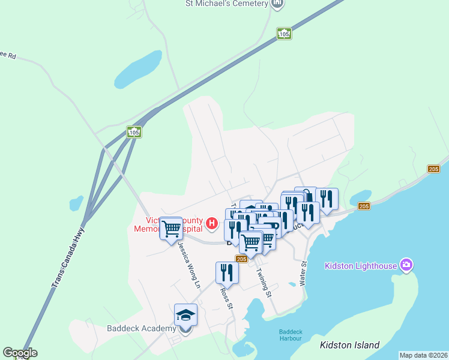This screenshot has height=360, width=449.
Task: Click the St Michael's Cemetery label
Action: tap(226, 4)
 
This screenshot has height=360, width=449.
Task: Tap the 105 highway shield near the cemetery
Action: tap(284, 34)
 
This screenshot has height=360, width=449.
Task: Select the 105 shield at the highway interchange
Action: tap(133, 131)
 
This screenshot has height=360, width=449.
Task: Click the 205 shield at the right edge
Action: tap(433, 170)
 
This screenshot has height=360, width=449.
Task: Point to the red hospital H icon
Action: tap(211, 224)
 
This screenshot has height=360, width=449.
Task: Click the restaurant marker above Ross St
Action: tap(227, 272)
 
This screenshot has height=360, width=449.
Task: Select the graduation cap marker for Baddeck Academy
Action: tap(185, 314)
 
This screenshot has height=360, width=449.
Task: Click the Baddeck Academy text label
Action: tap(141, 328)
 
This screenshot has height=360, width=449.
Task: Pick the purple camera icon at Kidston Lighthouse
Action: tap(407, 265)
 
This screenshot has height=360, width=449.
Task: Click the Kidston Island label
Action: tap(350, 345)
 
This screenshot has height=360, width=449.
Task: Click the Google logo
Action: tap(20, 353)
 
